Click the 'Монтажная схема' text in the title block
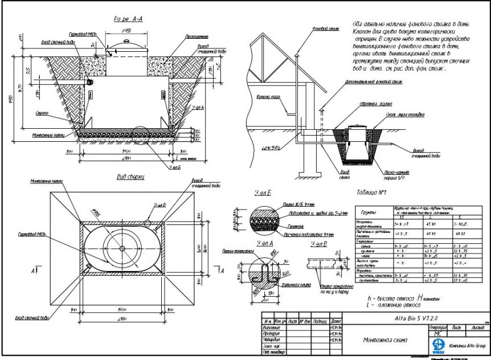coord(384,340)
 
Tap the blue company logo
coord(439,345)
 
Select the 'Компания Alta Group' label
coord(467,346)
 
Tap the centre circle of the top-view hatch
coord(123,248)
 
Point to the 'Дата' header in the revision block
coord(335,322)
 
